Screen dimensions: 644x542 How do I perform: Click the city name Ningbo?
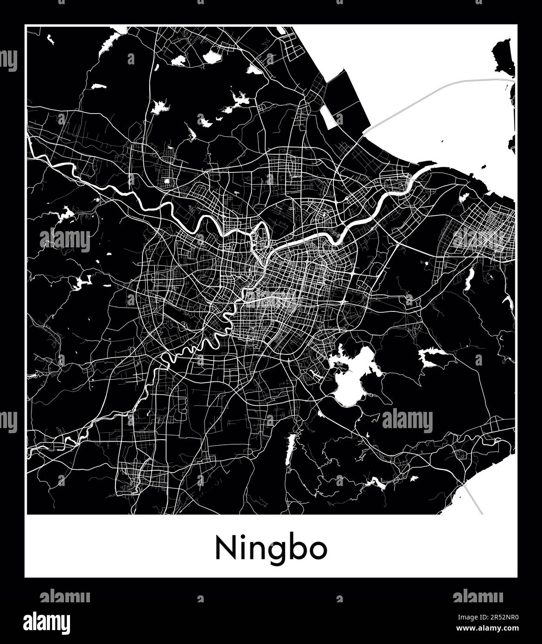[x=271, y=549]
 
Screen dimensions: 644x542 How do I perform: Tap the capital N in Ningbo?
[x=224, y=549]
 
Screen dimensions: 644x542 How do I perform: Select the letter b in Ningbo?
[x=300, y=548]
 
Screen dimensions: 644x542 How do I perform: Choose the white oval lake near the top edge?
[x=212, y=57]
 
